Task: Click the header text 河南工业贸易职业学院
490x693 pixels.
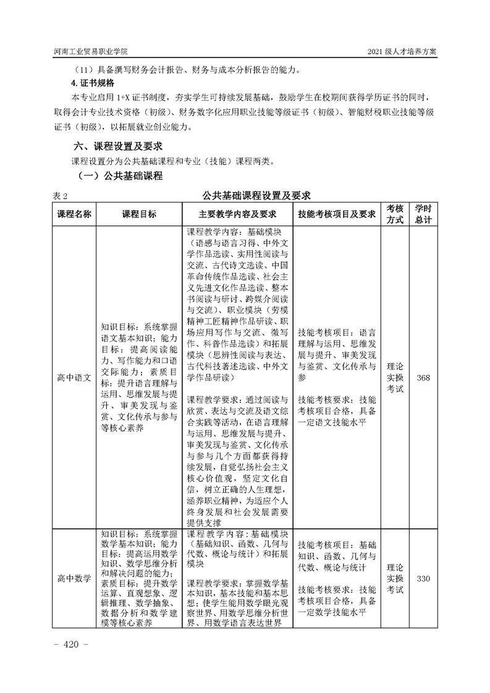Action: pyautogui.click(x=93, y=51)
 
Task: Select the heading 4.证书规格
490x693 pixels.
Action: pyautogui.click(x=93, y=83)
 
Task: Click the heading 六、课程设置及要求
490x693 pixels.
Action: pyautogui.click(x=117, y=146)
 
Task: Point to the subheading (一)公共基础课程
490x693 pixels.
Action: pyautogui.click(x=120, y=177)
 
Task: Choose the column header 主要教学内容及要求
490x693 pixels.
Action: pyautogui.click(x=237, y=214)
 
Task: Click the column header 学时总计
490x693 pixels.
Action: pyautogui.click(x=423, y=214)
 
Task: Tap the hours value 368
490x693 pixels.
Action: pyautogui.click(x=423, y=378)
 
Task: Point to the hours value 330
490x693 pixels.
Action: pyautogui.click(x=423, y=579)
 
